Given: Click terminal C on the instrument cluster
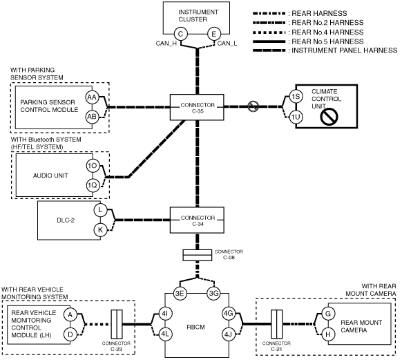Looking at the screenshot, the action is [180, 34].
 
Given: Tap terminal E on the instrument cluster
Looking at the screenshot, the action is [213, 34].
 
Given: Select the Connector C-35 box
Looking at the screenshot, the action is [197, 107].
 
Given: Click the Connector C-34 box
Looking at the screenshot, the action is [197, 220].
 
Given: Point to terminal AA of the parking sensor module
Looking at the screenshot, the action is [92, 97].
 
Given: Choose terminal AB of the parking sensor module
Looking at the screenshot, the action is [92, 117].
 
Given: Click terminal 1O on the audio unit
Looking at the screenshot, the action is [93, 166].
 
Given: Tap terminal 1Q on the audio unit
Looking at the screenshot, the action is [93, 185].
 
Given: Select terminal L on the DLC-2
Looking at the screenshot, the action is [100, 210].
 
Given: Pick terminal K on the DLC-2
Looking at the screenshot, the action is [100, 229].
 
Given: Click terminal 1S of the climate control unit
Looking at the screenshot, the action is [296, 97].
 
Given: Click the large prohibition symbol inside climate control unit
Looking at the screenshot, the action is [329, 117].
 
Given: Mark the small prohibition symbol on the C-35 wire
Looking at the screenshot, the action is [253, 106].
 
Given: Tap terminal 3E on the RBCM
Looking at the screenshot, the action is [180, 293].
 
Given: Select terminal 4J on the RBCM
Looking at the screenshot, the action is [228, 334].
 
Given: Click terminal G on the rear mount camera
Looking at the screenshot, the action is [328, 314].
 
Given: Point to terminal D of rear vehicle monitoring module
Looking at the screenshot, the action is [70, 334].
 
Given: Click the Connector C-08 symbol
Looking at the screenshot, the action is [197, 255].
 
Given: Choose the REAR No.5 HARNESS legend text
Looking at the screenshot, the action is [327, 41].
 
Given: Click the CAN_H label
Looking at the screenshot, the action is [166, 44].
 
